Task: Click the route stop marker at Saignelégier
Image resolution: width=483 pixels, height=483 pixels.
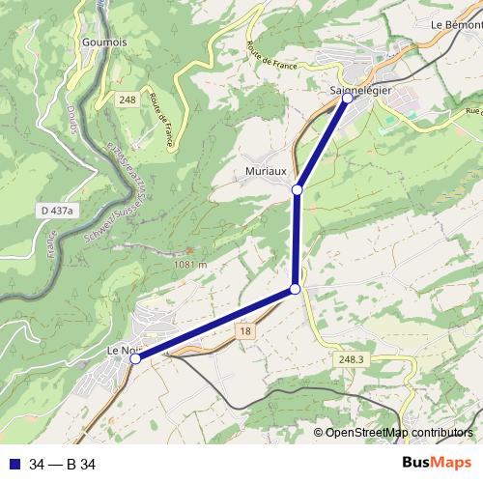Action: click(x=348, y=99)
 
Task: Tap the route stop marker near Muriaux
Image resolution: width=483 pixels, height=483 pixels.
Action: click(x=298, y=189)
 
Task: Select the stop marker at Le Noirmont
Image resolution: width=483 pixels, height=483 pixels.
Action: click(x=135, y=358)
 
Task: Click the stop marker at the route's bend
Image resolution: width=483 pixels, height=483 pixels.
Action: click(x=295, y=290)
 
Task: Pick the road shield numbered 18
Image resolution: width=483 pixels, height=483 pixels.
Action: click(x=245, y=330)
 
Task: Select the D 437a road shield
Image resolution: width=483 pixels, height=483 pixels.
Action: click(x=57, y=210)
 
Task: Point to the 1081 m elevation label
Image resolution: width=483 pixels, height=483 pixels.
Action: click(x=189, y=263)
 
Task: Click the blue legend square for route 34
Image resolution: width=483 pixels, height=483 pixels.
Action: click(x=13, y=465)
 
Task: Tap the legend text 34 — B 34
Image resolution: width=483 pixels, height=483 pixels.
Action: click(x=63, y=465)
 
